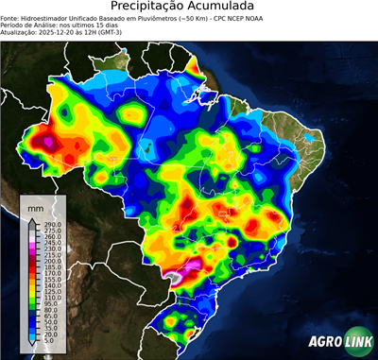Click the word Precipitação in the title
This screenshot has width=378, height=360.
tap(150, 7)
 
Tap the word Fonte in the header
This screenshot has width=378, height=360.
tap(10, 17)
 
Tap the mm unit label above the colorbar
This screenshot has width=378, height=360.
tap(35, 206)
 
